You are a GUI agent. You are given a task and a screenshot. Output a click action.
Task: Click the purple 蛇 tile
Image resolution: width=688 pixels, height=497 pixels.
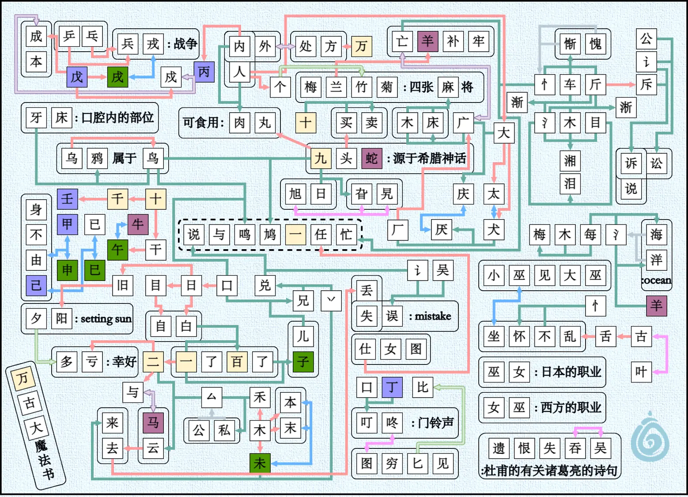pyautogui.click(x=371, y=158)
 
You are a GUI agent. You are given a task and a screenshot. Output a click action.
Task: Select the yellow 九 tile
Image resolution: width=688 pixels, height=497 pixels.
pyautogui.click(x=320, y=158)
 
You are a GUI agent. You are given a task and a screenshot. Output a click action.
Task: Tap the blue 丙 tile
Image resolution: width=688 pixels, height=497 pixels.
pyautogui.click(x=204, y=72)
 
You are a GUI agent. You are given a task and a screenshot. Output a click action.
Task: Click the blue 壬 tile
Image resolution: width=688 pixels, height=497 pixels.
pyautogui.click(x=67, y=198)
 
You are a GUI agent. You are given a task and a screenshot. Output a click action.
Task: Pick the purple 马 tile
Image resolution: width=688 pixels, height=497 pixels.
pyautogui.click(x=153, y=422)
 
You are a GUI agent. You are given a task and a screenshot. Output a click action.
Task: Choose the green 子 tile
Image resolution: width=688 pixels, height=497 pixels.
pyautogui.click(x=303, y=362)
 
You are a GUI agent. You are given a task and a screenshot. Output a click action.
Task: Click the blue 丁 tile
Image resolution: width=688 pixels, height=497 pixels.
pyautogui.click(x=392, y=387)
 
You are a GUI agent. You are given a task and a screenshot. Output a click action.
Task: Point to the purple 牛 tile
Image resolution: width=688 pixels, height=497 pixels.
pyautogui.click(x=138, y=224)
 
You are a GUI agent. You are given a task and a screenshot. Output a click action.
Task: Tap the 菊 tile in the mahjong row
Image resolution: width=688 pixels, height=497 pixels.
pyautogui.click(x=387, y=87)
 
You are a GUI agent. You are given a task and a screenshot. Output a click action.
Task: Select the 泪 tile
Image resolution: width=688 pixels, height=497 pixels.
pyautogui.click(x=570, y=183)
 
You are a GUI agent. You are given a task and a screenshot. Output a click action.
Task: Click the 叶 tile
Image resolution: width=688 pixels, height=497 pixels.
pyautogui.click(x=641, y=372)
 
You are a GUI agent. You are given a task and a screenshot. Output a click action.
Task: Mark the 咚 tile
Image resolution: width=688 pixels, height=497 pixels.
pyautogui.click(x=392, y=423)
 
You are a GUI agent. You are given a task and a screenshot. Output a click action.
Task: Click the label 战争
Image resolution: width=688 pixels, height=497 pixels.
pyautogui.click(x=185, y=44)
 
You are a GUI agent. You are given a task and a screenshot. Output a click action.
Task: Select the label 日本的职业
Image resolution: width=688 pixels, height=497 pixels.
pyautogui.click(x=571, y=372)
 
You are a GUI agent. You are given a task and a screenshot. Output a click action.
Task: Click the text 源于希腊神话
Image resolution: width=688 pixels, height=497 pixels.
pyautogui.click(x=429, y=158)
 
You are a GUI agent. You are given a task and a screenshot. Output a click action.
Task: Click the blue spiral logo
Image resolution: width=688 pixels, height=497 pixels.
pyautogui.click(x=650, y=438)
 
